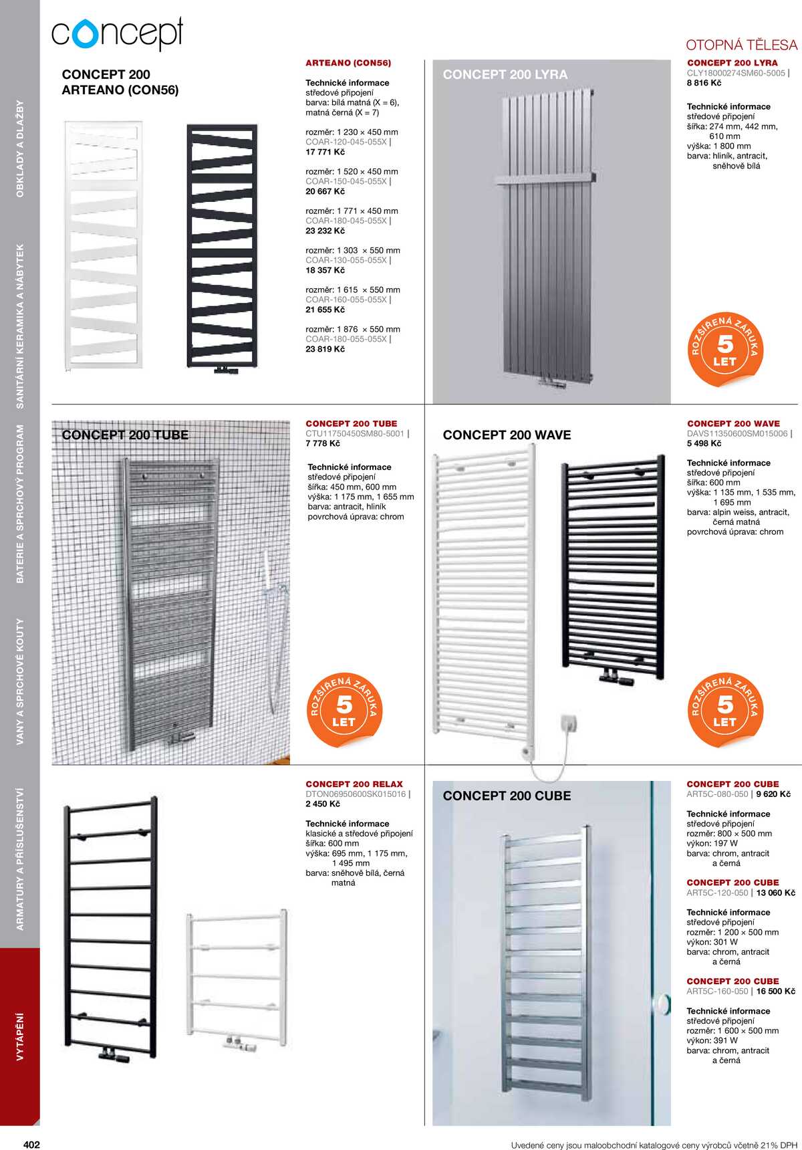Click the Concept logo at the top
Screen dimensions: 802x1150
(x=117, y=34)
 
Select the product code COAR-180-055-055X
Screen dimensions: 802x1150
(x=346, y=339)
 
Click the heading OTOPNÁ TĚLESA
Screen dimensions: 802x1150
(x=741, y=45)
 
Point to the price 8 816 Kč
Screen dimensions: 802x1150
(x=704, y=83)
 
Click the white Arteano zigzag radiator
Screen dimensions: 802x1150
(x=104, y=244)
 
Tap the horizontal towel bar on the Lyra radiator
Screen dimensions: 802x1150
(x=545, y=179)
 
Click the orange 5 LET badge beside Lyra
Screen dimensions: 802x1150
(x=725, y=349)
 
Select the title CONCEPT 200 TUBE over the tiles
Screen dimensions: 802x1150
(x=125, y=435)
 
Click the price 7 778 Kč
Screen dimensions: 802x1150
(x=323, y=443)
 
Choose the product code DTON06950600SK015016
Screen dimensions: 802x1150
(x=356, y=794)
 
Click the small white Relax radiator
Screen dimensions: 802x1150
(x=237, y=976)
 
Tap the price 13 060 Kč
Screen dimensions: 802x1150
(x=775, y=893)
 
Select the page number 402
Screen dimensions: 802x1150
(x=31, y=1144)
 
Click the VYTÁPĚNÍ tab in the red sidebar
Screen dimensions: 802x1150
(x=20, y=1036)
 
